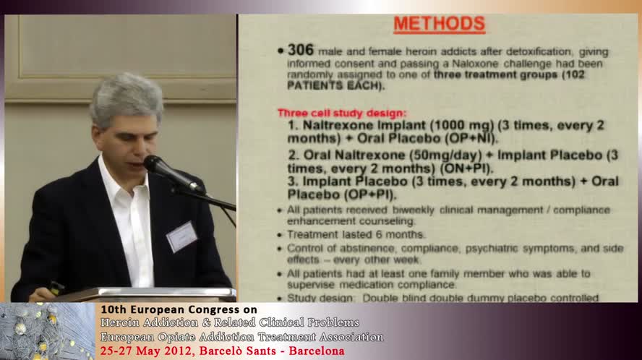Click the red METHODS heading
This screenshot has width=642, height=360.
(439, 24)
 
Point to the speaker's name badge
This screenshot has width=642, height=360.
(181, 236)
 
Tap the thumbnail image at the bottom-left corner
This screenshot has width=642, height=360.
(47, 331)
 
